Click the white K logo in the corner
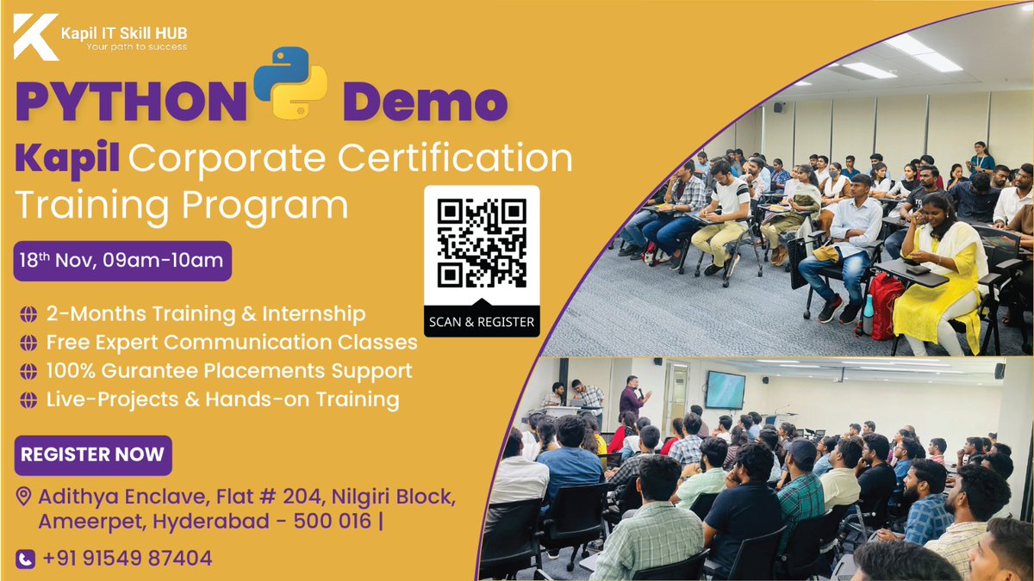coord(35,37)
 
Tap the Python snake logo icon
coord(290,83)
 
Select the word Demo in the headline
coord(424,102)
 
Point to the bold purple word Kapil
coord(70,158)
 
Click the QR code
coord(482,243)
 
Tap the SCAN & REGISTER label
coord(482,323)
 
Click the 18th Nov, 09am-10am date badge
coord(121,261)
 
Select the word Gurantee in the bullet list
coord(164,371)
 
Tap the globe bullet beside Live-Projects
coord(28,399)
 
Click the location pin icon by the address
coord(24,496)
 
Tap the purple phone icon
coord(26,559)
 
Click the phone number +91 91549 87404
coord(126,559)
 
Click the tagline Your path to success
coord(136,46)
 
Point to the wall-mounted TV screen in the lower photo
coord(725,389)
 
